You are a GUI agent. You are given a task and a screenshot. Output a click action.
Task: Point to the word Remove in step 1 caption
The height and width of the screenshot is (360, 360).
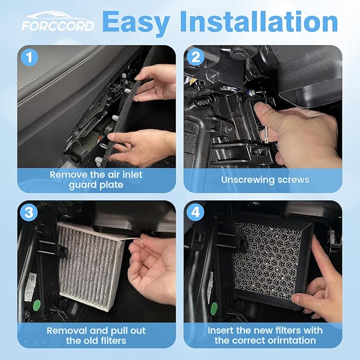pyautogui.click(x=68, y=174)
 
